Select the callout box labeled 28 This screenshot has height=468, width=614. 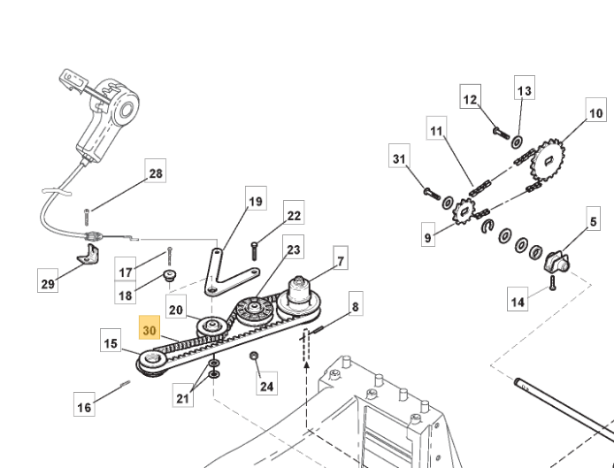pyautogui.click(x=156, y=174)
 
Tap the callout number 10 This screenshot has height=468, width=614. pyautogui.click(x=595, y=113)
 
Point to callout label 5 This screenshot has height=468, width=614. pyautogui.click(x=589, y=216)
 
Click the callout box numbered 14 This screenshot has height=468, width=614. pyautogui.click(x=519, y=302)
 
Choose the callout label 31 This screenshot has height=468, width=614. pyautogui.click(x=399, y=159)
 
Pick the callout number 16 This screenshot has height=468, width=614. pyautogui.click(x=84, y=407)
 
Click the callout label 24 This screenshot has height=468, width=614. pyautogui.click(x=266, y=386)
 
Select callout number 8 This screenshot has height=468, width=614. pyautogui.click(x=355, y=309)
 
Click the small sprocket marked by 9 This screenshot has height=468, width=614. pyautogui.click(x=461, y=215)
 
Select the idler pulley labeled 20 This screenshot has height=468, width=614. pyautogui.click(x=212, y=329)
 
